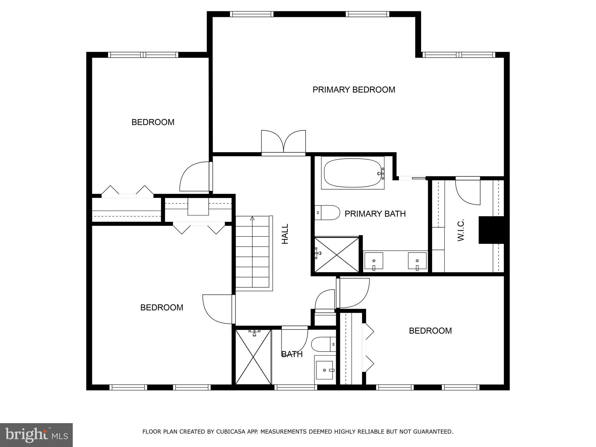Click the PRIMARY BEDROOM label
tap(354, 90)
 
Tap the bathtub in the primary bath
tap(352, 173)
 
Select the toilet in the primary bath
tap(328, 213)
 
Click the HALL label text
tap(285, 234)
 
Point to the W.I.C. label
tap(461, 230)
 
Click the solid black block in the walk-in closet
tap(491, 230)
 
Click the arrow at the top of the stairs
tap(252, 218)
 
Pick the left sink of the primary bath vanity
tap(374, 261)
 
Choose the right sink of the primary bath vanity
tap(417, 261)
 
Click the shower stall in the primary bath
tap(337, 255)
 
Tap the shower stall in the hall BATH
tap(253, 357)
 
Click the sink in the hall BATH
tap(324, 370)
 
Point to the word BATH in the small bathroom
tap(292, 354)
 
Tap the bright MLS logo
tap(36, 435)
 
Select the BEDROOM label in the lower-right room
tap(430, 331)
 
